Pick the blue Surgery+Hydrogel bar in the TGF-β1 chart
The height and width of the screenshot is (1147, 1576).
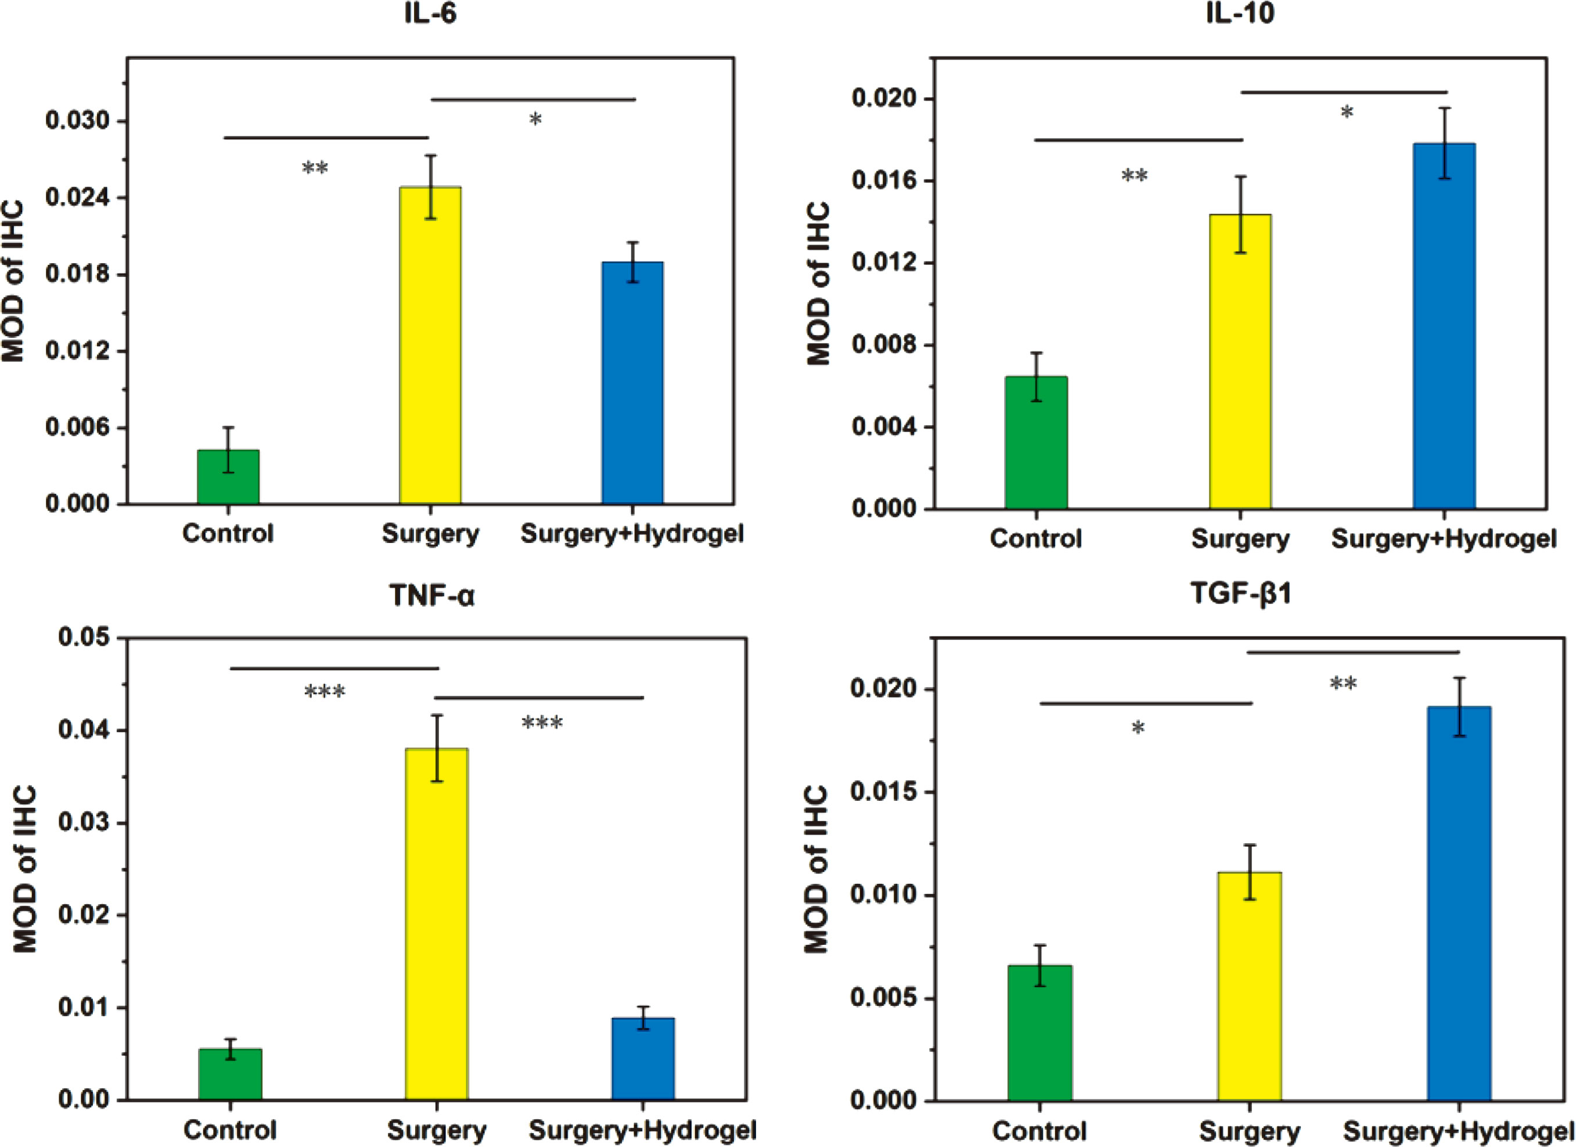pyautogui.click(x=1459, y=904)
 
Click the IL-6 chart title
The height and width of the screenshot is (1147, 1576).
pyautogui.click(x=431, y=14)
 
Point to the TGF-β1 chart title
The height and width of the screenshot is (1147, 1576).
pyautogui.click(x=1240, y=594)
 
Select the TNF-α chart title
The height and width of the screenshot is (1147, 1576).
pyautogui.click(x=431, y=596)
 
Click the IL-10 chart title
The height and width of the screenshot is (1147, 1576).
pyautogui.click(x=1240, y=14)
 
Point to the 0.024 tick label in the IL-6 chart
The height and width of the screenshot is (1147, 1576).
pyautogui.click(x=78, y=198)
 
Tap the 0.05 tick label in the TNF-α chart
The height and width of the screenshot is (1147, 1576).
pyautogui.click(x=84, y=638)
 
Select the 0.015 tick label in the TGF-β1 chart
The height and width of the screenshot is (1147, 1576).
pyautogui.click(x=884, y=793)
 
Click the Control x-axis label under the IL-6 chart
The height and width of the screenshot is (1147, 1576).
pyautogui.click(x=228, y=534)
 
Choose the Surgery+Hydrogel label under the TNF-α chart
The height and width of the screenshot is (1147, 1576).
pyautogui.click(x=643, y=1130)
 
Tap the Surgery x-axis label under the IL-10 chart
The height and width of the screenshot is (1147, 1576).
pyautogui.click(x=1240, y=539)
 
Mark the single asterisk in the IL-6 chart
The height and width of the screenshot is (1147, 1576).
pyautogui.click(x=535, y=120)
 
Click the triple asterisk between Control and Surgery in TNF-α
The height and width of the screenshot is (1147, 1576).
pyautogui.click(x=325, y=692)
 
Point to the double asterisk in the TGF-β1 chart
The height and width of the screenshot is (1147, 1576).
pyautogui.click(x=1343, y=685)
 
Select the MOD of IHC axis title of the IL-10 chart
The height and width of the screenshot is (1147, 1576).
pyautogui.click(x=819, y=283)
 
